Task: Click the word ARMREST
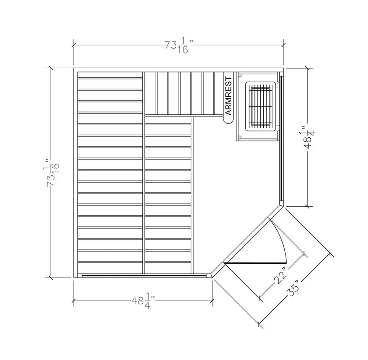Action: (228, 96)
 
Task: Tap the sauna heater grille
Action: (260, 106)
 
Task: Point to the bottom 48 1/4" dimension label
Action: (143, 301)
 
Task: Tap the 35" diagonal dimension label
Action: (293, 288)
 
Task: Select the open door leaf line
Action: (255, 263)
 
